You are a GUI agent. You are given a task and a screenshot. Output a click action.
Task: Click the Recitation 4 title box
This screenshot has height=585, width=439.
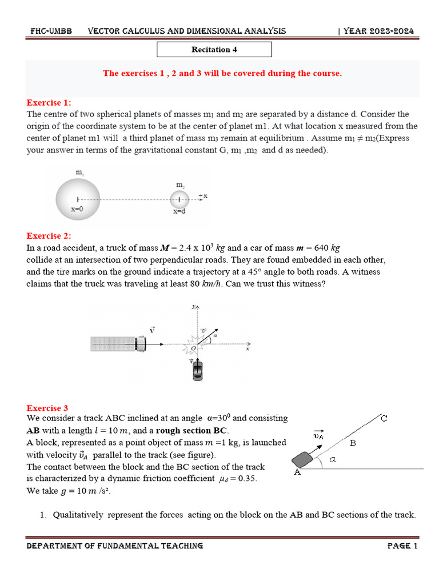[214, 50]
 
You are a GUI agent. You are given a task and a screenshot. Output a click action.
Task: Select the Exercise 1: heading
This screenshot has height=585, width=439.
[49, 103]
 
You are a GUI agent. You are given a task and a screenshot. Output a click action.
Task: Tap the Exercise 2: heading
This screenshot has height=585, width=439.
[49, 236]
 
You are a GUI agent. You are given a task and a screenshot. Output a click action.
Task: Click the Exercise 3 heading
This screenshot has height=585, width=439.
[47, 408]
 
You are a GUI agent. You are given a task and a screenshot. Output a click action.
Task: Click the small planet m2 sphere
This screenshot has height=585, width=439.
[179, 199]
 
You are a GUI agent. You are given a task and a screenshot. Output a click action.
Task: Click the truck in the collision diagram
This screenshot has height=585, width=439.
[119, 344]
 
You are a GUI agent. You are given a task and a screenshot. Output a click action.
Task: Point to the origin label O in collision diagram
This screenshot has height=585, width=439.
[192, 348]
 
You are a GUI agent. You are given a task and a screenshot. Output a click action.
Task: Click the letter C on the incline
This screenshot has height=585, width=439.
[384, 419]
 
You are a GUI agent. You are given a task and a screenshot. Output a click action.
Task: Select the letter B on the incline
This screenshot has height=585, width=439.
[353, 442]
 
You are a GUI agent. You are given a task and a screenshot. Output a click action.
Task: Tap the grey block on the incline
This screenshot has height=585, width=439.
[304, 459]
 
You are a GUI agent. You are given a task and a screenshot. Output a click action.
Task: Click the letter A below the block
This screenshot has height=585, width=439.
[297, 472]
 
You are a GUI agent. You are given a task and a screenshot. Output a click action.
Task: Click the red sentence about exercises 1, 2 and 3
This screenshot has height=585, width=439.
[222, 74]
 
